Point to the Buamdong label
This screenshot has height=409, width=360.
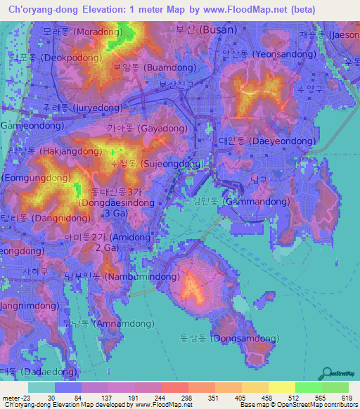click(x=147, y=68)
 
